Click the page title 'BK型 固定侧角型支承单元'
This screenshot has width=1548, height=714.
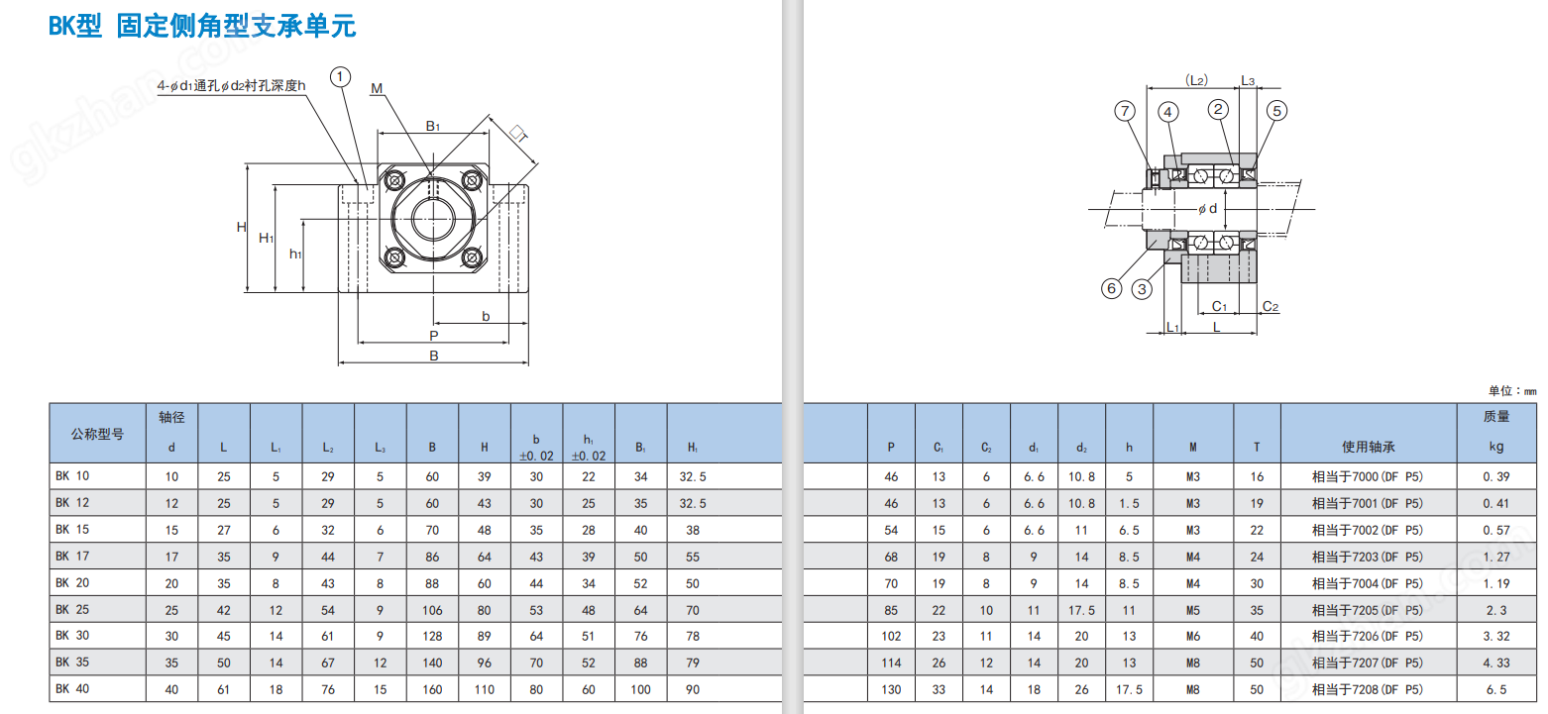(202, 26)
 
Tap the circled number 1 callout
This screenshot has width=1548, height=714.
(340, 76)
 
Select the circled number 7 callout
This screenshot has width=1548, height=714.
(1125, 111)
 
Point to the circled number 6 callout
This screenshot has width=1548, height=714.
(1111, 288)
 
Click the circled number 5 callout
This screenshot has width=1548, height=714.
(1276, 111)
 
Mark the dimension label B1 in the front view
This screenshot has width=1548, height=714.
(433, 126)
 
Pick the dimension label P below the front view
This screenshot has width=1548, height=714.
(434, 336)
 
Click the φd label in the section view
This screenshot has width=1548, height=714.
(1207, 209)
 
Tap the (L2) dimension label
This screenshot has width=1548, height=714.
(1196, 80)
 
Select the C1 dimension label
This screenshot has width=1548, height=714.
(1220, 306)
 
